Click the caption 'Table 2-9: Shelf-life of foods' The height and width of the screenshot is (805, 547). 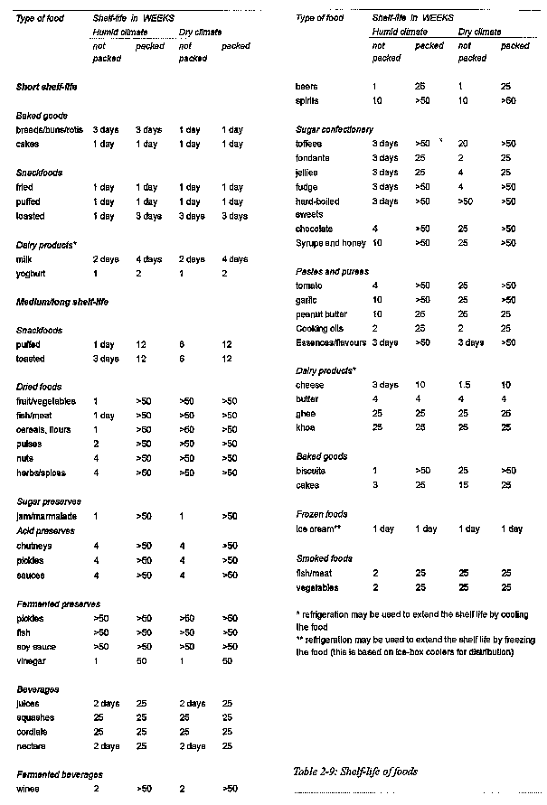(x=354, y=772)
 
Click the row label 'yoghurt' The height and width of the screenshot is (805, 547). (x=31, y=273)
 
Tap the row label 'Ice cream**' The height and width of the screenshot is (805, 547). (x=317, y=529)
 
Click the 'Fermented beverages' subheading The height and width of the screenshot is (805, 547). (x=58, y=774)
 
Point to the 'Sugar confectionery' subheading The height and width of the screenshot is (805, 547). (x=334, y=130)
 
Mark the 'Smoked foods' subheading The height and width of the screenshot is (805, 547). (x=324, y=558)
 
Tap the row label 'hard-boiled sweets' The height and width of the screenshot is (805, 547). (x=321, y=207)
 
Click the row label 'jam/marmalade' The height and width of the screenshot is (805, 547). (x=43, y=516)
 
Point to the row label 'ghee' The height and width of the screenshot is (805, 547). (x=305, y=413)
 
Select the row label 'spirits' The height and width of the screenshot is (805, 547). (x=307, y=101)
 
